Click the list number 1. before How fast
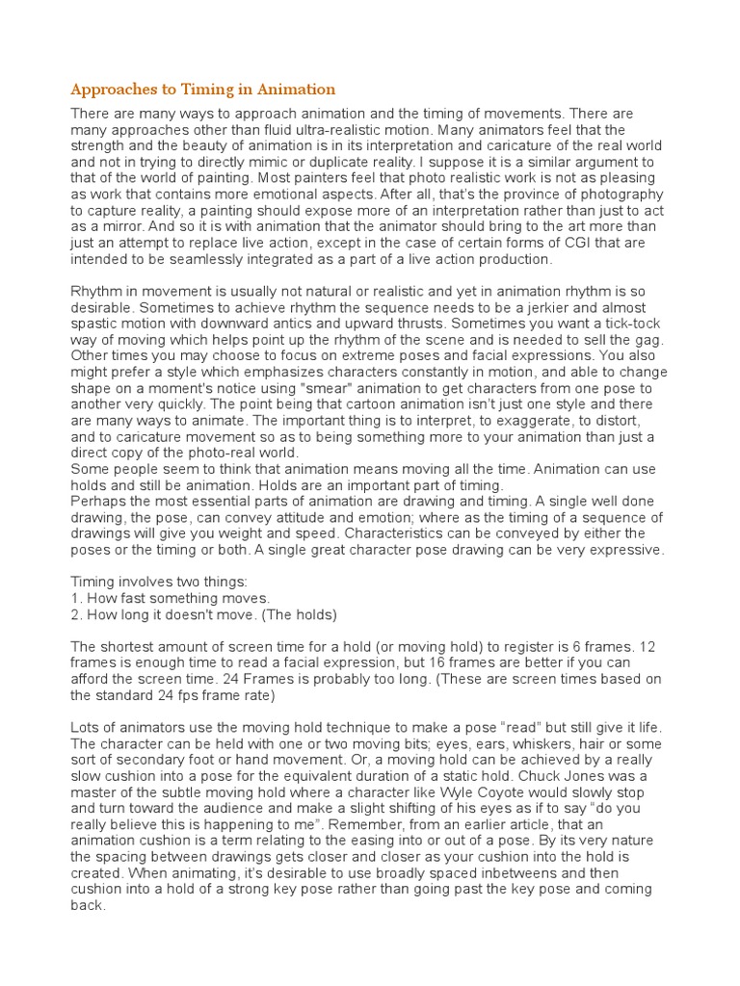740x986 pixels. pyautogui.click(x=78, y=598)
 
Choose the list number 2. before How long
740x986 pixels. pyautogui.click(x=78, y=614)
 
